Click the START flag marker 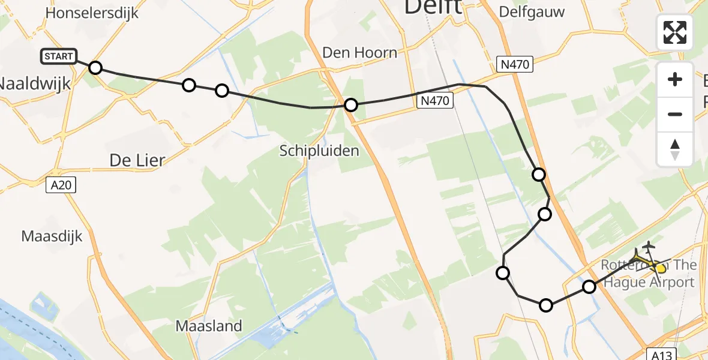(x=59, y=57)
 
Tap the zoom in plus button (x=675, y=79)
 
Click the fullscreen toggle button (x=675, y=32)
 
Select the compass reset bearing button (x=675, y=149)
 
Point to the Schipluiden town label (x=319, y=151)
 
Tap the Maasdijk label (x=52, y=236)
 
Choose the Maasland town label (x=209, y=326)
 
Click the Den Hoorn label (x=359, y=53)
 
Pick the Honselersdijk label (x=92, y=13)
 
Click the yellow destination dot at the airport (x=661, y=268)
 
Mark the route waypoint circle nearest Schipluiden (x=351, y=106)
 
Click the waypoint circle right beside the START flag (x=95, y=67)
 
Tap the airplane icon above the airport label (x=648, y=246)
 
